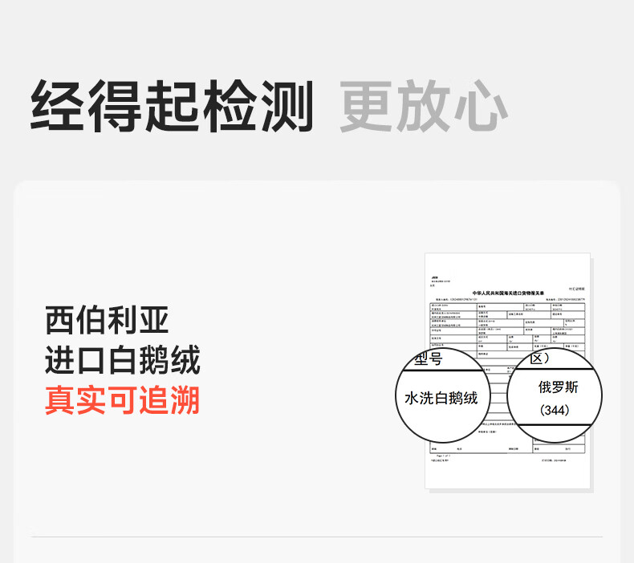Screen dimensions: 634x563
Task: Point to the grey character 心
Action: coord(480,106)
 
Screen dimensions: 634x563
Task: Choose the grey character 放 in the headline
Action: coord(423,106)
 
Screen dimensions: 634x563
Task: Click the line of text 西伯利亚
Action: coord(108,321)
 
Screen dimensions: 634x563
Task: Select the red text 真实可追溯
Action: coord(122,400)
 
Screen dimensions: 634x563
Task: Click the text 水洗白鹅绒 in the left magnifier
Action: coord(441,399)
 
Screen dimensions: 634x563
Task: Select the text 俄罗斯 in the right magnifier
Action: coord(558,387)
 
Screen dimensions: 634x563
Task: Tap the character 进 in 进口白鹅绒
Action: coord(60,361)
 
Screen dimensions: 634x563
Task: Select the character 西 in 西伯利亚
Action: coord(60,321)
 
